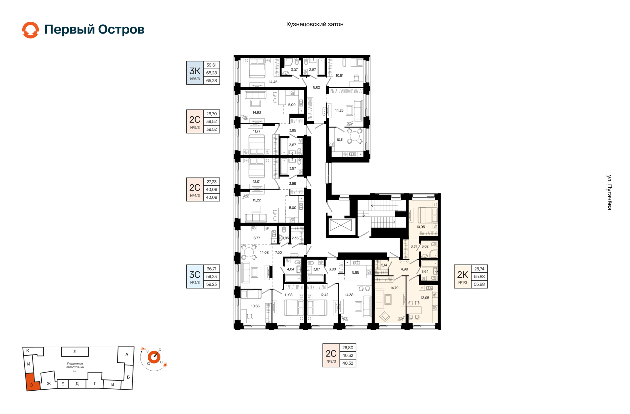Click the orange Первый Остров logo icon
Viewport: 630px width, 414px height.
coord(31,30)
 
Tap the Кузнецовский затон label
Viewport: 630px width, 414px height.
coord(315,24)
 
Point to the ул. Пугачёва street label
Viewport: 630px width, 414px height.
coord(609,193)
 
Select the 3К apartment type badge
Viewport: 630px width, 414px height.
coord(195,73)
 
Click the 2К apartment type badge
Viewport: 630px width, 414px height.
coord(463,277)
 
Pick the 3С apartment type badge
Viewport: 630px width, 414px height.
coord(195,277)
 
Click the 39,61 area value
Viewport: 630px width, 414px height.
coord(212,65)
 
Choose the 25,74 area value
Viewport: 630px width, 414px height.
coord(479,269)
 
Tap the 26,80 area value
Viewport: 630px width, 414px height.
coord(348,348)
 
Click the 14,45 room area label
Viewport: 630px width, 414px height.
coord(273,82)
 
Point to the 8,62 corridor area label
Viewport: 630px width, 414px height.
coord(316,87)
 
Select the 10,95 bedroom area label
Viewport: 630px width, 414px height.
coord(421,227)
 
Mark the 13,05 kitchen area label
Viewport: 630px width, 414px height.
coord(425,298)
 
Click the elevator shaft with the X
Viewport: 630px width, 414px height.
coord(341,226)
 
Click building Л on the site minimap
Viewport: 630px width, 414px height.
coord(75,352)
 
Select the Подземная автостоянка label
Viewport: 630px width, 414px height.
coord(75,365)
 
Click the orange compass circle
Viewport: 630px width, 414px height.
coord(154,357)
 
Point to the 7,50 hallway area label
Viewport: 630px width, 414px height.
coord(278,253)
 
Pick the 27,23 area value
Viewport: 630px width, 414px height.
coord(212,182)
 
